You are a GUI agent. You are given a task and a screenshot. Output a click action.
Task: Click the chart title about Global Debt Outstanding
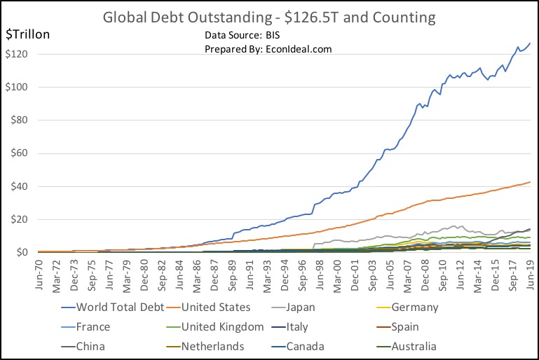pos(269,16)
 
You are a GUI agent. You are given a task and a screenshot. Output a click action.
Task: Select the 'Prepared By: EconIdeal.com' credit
pos(268,49)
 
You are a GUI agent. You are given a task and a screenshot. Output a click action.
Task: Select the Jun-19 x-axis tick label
pos(529,272)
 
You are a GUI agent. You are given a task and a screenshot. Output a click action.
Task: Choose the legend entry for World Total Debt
pos(118,307)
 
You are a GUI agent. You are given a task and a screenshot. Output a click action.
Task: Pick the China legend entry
pos(92,346)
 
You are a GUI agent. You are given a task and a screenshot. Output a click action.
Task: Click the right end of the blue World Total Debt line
pos(530,43)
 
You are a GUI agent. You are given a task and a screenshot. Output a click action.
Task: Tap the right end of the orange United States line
pos(530,182)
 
